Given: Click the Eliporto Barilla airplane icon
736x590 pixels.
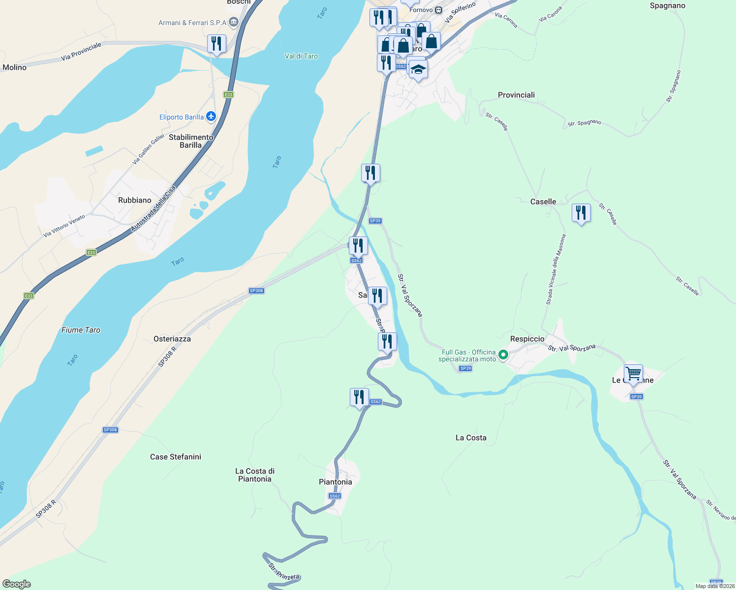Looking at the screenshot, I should [x=211, y=117].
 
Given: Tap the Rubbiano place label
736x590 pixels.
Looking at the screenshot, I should [x=134, y=200].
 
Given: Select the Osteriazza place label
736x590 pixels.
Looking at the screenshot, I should [x=172, y=339].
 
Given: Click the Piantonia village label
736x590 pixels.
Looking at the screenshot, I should [x=335, y=482].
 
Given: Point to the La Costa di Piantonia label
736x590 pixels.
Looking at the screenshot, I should [x=254, y=475].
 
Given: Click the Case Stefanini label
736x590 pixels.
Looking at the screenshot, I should [x=175, y=457].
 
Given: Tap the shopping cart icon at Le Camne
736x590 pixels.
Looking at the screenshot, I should [x=633, y=374].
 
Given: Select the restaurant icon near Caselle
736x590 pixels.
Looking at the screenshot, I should [x=581, y=213].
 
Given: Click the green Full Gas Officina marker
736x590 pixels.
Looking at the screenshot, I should [x=503, y=354].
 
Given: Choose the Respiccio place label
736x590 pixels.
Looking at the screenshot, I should [x=527, y=339].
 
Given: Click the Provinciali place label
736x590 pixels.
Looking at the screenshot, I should [x=516, y=95].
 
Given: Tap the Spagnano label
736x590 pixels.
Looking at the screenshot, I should [x=667, y=6].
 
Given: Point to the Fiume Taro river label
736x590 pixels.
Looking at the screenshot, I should [x=81, y=330].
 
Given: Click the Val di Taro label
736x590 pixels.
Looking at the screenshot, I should [x=301, y=56].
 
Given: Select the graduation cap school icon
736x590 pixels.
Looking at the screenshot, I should [x=418, y=69].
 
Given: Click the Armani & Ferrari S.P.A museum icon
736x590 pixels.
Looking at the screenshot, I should [x=234, y=22].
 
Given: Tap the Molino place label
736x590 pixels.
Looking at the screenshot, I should [x=14, y=67].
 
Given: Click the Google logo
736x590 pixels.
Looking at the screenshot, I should [x=17, y=584].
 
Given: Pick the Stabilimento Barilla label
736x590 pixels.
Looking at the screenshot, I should [x=190, y=141].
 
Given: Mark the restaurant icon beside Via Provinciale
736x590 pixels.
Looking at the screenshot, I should [x=216, y=43].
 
